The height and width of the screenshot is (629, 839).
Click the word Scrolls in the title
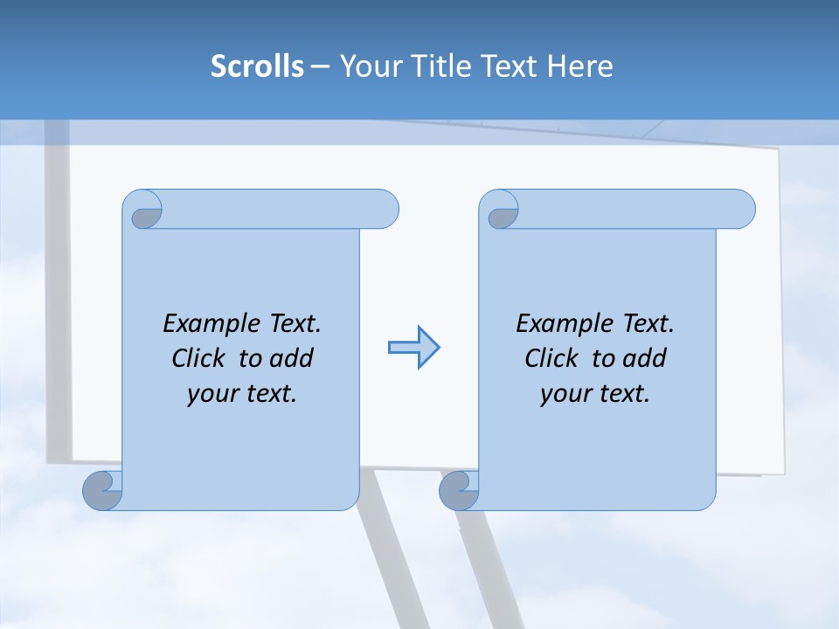(258, 66)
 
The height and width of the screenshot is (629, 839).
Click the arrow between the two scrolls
(413, 348)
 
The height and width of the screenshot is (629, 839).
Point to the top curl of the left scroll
(144, 212)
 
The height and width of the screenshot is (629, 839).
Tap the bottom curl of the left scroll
(103, 490)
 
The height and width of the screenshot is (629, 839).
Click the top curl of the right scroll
(501, 212)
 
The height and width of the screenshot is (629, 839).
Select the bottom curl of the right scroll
(459, 490)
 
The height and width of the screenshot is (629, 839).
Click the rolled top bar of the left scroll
(271, 209)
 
